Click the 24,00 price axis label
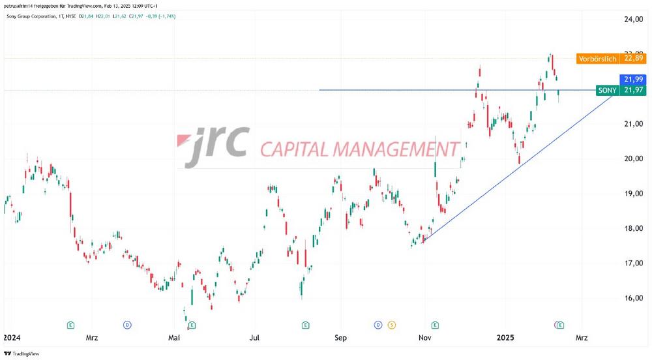point(632,20)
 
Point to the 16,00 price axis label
point(632,298)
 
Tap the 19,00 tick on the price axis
point(632,194)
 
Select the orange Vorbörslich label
point(597,59)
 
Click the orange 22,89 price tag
point(632,59)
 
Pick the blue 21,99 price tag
point(632,79)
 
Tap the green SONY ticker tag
point(608,91)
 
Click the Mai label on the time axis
point(173,338)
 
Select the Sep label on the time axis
point(340,338)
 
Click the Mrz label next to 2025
point(582,338)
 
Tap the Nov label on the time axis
point(425,338)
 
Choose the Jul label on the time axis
point(255,338)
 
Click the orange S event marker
point(391,324)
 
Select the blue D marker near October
point(378,324)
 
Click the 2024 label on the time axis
point(12,338)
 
